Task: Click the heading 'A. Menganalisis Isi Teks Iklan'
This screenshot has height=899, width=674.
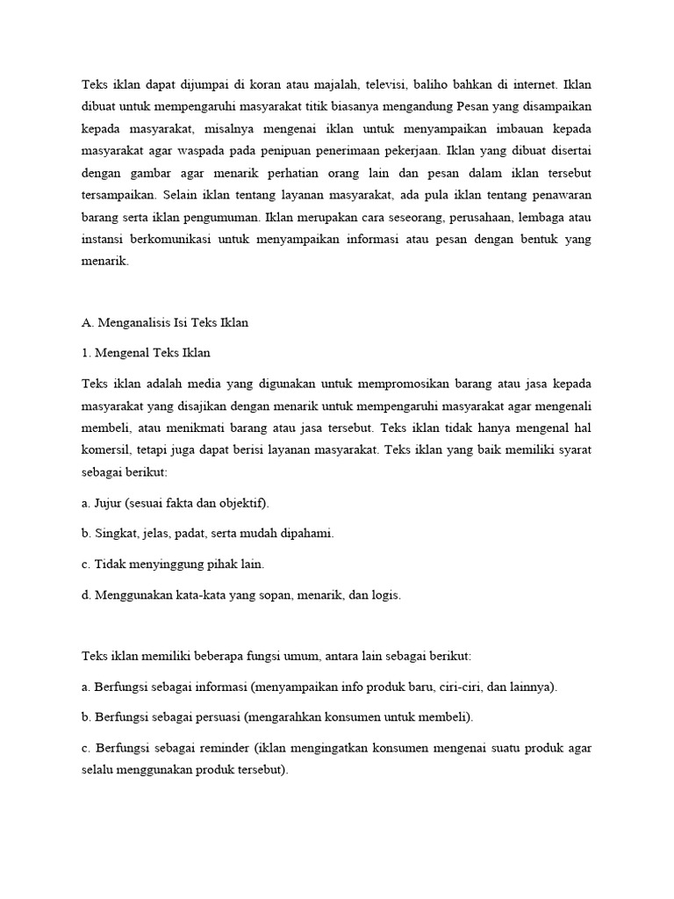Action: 165,322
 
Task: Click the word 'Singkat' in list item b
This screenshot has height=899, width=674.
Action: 115,533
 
